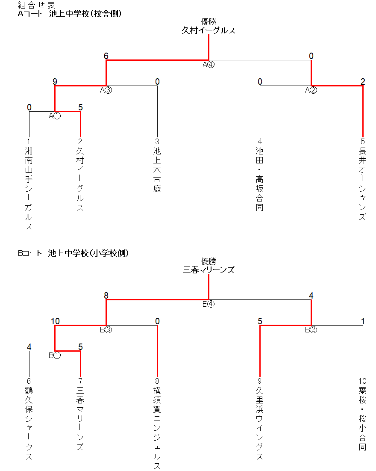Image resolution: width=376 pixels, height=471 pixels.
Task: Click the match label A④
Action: [209, 65]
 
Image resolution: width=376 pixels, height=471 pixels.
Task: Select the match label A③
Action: [106, 90]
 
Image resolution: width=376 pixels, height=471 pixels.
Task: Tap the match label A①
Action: [55, 116]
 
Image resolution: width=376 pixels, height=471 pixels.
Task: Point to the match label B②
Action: [311, 330]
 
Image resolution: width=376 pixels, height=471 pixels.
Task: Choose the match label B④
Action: [209, 304]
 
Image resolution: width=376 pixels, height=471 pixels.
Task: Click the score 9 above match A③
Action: [55, 82]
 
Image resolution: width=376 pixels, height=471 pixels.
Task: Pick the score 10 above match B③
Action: [55, 321]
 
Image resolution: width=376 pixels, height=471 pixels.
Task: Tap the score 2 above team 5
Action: [363, 82]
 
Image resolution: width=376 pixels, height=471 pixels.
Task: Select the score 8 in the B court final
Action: [106, 296]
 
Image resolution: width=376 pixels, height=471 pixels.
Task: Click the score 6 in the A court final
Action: [106, 56]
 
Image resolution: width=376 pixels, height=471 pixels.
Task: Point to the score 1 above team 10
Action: [363, 321]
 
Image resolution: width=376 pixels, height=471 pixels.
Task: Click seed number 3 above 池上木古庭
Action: [157, 142]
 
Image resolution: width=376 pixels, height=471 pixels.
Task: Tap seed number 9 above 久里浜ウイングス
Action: [260, 381]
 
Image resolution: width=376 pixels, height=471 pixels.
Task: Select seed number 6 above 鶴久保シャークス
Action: [29, 381]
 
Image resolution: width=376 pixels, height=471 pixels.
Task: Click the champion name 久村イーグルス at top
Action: [209, 30]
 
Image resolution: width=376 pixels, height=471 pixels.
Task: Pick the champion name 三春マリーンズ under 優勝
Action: [209, 270]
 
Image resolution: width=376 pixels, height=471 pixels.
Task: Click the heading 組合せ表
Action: [36, 5]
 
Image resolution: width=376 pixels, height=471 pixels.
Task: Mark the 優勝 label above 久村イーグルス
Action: [209, 22]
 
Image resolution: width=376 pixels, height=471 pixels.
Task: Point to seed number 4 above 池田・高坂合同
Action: [260, 142]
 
